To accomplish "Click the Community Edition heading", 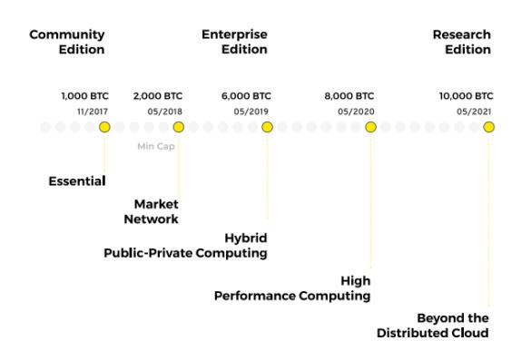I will pos(67,42).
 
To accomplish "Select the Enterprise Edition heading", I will pos(234,42).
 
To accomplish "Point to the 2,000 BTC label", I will pos(158,95).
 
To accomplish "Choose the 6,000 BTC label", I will pos(246,95).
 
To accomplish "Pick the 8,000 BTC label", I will pos(349,95).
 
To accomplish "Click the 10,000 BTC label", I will pos(466,95).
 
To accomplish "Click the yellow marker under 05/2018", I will pos(178,127).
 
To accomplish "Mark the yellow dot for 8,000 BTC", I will pos(370,127).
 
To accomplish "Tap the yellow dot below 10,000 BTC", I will pos(489,127).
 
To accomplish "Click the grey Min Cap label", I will pos(156,146).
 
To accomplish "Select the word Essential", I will pos(76,181).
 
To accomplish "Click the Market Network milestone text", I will pos(156,211).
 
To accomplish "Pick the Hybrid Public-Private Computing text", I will pos(186,246).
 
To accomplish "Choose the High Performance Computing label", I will pos(292,288).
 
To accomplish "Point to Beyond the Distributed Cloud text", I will pos(433,326).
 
